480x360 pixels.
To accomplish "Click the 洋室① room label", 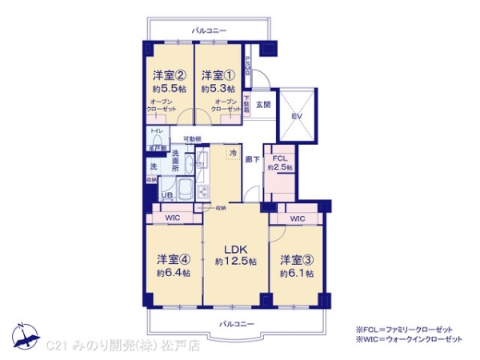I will click(218, 74).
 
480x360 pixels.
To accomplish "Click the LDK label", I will click(235, 248).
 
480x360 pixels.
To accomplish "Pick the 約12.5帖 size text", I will click(235, 262).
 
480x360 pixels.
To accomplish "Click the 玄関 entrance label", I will click(263, 104).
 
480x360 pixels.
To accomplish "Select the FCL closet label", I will click(279, 158).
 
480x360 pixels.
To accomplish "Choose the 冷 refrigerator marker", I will click(233, 152).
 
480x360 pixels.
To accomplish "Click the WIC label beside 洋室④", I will click(173, 218).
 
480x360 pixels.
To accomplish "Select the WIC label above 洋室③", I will click(297, 218).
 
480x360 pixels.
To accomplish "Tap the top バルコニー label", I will click(209, 30).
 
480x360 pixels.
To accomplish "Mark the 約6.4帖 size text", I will click(174, 274).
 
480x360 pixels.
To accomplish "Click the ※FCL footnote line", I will click(408, 329).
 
